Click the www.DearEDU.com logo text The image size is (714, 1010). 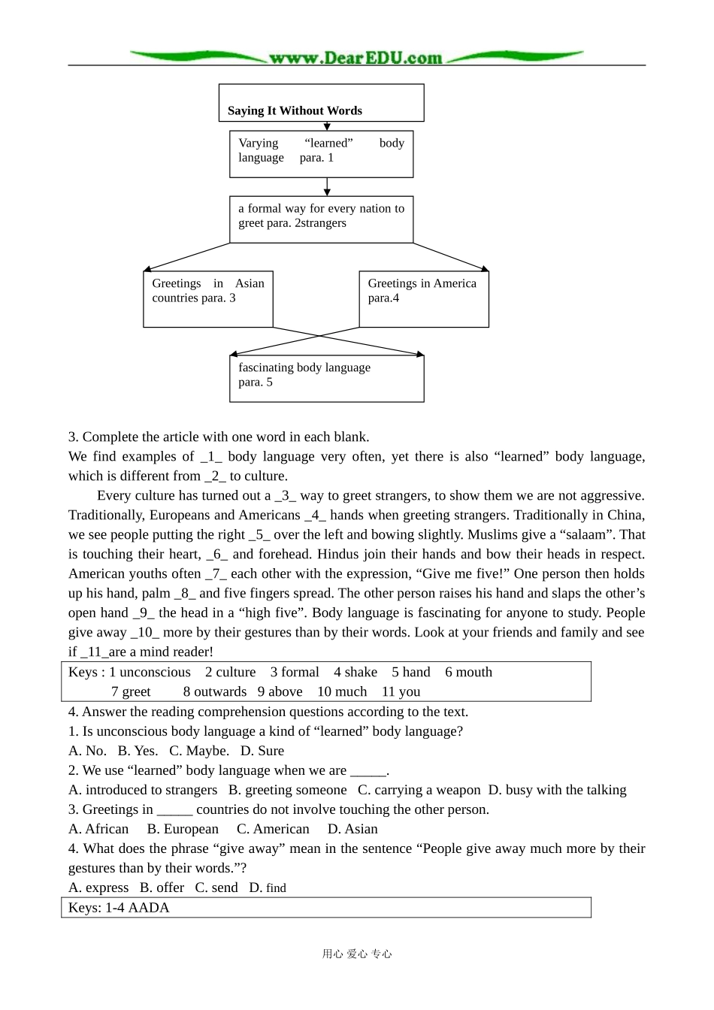pyautogui.click(x=355, y=58)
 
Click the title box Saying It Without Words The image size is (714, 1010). pyautogui.click(x=321, y=103)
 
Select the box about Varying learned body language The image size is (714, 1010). pyautogui.click(x=321, y=154)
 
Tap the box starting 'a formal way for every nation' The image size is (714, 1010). pyautogui.click(x=321, y=219)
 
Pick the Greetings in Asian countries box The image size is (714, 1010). pyautogui.click(x=207, y=299)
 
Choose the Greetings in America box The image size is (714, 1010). pyautogui.click(x=423, y=299)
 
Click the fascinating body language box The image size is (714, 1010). pyautogui.click(x=326, y=379)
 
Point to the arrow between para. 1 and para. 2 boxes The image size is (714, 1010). pyautogui.click(x=327, y=186)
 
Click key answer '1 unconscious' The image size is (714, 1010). pyautogui.click(x=150, y=673)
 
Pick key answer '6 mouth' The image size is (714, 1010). pyautogui.click(x=468, y=673)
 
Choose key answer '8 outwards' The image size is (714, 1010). pyautogui.click(x=214, y=692)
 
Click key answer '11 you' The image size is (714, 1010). pyautogui.click(x=401, y=692)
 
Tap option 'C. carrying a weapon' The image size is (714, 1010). pyautogui.click(x=419, y=790)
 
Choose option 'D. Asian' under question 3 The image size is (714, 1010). pyautogui.click(x=352, y=829)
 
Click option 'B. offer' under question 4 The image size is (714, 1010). pyautogui.click(x=162, y=888)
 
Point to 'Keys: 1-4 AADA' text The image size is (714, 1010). pyautogui.click(x=119, y=908)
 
